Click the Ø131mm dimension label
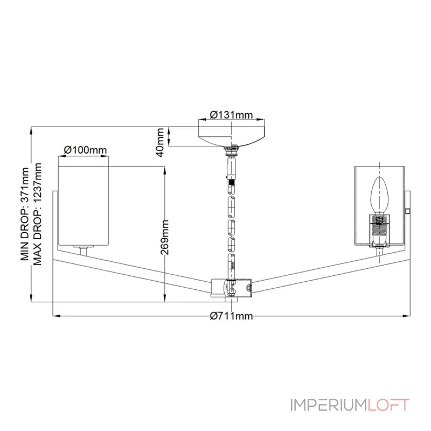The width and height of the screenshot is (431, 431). (x=231, y=114)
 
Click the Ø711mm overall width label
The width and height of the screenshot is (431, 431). (x=231, y=316)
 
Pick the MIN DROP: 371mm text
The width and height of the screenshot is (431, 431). (x=24, y=214)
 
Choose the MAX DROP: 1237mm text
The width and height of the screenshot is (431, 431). (x=37, y=214)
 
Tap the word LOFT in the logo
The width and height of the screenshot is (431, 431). (x=388, y=405)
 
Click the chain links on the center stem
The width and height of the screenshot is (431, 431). (x=232, y=221)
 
